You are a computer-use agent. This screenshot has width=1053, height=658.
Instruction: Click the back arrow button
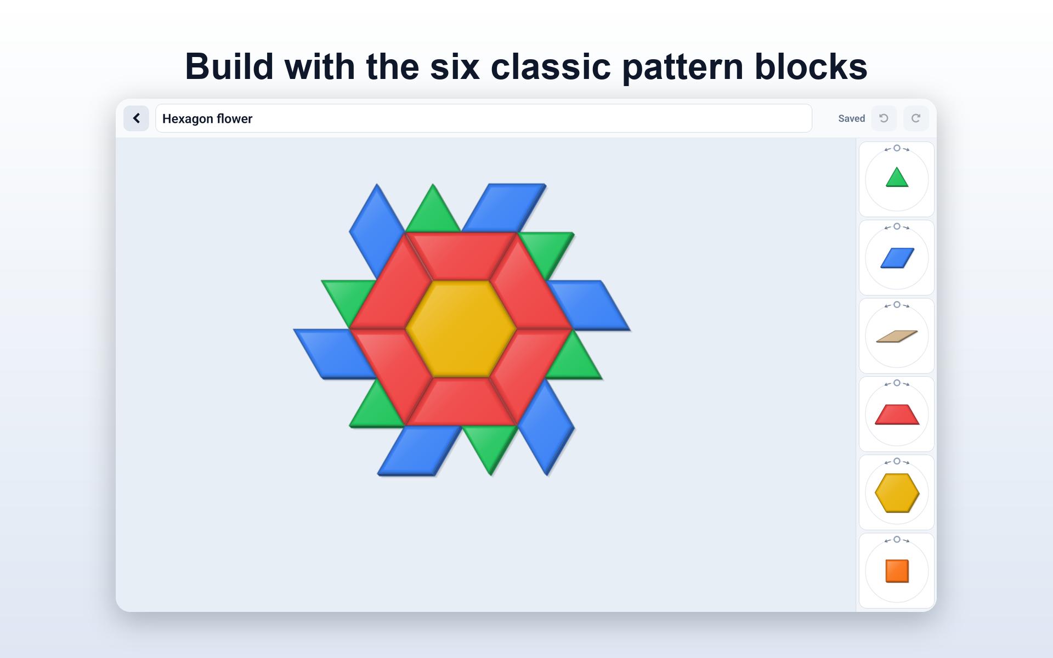136,118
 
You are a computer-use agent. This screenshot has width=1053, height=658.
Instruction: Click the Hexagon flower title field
483,118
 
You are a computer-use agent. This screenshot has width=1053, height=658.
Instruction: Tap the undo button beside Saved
884,118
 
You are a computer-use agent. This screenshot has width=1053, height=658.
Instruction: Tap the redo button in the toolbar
915,118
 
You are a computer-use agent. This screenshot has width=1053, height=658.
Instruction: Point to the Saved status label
851,118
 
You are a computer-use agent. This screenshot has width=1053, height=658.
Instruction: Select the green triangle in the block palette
897,177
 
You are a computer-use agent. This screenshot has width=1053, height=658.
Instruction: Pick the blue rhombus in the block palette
897,258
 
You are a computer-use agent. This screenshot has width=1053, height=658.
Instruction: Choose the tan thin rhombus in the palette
897,336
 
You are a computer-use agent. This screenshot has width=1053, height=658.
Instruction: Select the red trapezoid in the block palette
897,415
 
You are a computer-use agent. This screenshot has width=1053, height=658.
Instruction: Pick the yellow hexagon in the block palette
897,493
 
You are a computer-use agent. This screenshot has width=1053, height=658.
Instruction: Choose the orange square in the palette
897,571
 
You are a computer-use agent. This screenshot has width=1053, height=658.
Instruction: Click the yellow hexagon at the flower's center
461,329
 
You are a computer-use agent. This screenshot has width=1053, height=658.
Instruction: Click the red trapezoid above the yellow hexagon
461,257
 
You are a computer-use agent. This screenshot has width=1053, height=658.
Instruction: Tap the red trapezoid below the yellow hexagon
461,402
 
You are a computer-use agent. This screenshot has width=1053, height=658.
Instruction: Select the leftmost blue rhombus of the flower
336,354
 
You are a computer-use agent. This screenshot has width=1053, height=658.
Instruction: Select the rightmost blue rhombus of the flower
588,305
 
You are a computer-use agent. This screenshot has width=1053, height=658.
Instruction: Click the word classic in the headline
551,67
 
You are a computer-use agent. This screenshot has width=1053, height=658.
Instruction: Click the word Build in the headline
229,67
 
